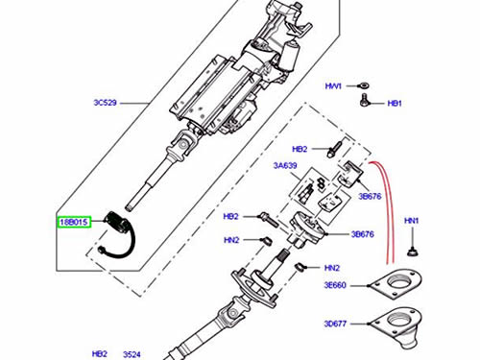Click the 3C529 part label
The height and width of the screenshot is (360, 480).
(x=105, y=103)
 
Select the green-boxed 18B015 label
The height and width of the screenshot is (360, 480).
(x=74, y=222)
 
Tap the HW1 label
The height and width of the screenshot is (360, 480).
(x=333, y=86)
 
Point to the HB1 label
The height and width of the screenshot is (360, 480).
(x=395, y=104)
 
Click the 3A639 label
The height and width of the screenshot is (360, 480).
(x=285, y=165)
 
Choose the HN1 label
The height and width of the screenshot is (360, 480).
(x=411, y=221)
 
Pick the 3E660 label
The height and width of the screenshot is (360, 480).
(x=335, y=285)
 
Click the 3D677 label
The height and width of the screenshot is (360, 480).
(x=335, y=324)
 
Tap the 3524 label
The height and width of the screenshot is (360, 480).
(x=132, y=354)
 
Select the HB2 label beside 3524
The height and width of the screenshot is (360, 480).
(x=100, y=353)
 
